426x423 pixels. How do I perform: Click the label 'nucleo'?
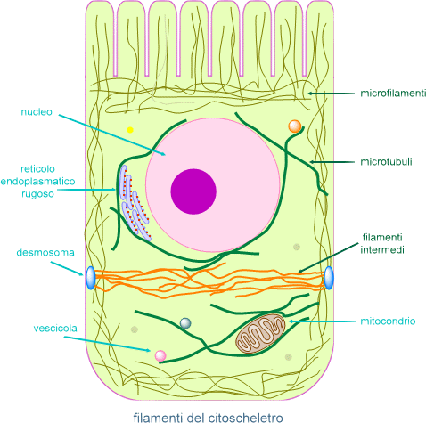tap(37, 112)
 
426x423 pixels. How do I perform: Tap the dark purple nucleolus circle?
tap(193, 191)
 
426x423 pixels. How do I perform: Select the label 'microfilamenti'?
tap(393, 94)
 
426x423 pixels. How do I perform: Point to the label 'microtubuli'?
tap(386, 162)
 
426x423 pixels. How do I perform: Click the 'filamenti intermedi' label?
tap(382, 244)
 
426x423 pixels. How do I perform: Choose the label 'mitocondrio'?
tap(388, 321)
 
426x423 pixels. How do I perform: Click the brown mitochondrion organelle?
tap(260, 334)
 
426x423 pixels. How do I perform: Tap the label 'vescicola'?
tap(55, 329)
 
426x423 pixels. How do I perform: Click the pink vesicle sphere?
tap(160, 355)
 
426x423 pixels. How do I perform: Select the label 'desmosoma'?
tap(45, 253)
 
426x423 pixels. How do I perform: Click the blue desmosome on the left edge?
tap(91, 278)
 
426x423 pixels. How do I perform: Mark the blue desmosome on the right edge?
tap(329, 278)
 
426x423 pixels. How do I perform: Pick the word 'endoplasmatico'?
tap(37, 182)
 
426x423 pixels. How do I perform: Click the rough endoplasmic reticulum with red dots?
tap(135, 202)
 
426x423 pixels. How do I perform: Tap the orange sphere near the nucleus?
tap(295, 126)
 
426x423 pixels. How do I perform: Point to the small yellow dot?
tap(130, 130)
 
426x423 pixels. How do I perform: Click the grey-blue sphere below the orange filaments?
tap(185, 323)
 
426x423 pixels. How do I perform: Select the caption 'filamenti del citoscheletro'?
tap(208, 417)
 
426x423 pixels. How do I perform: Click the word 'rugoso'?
tap(37, 194)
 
